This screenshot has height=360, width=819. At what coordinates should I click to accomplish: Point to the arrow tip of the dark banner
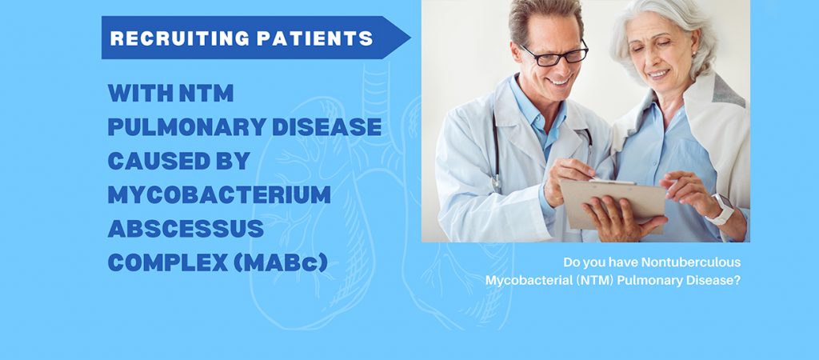click(410, 38)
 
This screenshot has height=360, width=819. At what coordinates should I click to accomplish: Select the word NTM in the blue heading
click(206, 93)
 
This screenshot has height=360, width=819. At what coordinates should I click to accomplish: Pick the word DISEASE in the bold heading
click(327, 127)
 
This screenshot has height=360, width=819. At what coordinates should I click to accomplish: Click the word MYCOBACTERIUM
click(219, 195)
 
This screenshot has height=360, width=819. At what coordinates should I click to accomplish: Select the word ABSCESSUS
click(186, 229)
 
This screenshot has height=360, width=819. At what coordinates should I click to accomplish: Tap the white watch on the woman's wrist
click(721, 209)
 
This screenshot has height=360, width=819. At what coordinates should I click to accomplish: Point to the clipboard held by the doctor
click(613, 205)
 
